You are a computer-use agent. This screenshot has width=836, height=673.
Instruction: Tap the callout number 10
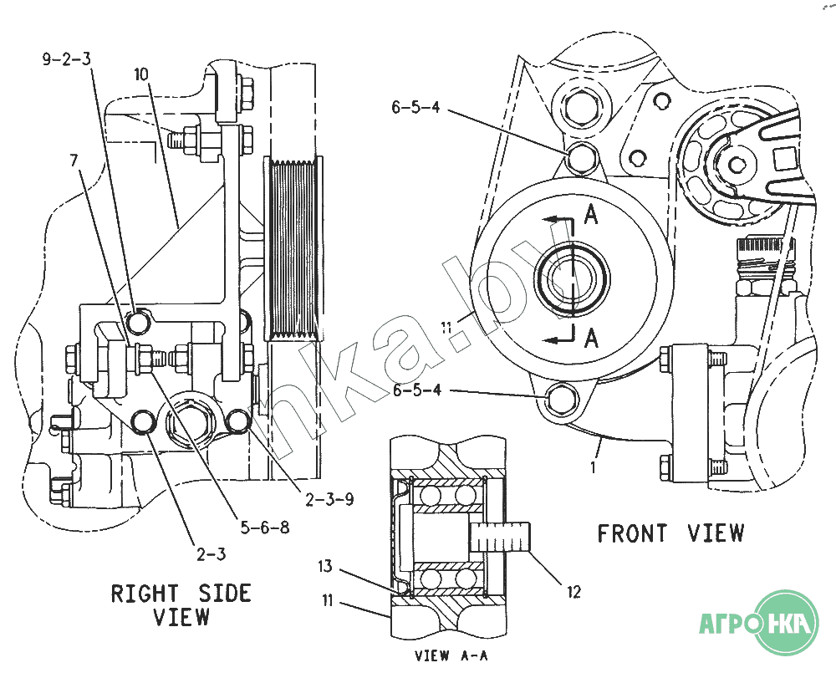[x=140, y=74]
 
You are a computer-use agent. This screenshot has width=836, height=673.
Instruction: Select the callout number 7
[x=76, y=159]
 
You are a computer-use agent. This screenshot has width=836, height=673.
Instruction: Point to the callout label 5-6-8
[x=265, y=528]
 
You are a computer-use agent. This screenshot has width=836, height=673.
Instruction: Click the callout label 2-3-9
[x=329, y=500]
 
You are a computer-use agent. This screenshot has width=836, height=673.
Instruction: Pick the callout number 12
[x=573, y=593]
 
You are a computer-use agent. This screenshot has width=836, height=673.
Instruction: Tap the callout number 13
[x=324, y=567]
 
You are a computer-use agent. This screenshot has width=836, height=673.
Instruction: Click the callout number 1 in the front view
[x=593, y=468]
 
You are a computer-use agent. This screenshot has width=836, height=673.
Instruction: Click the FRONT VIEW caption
[x=670, y=533]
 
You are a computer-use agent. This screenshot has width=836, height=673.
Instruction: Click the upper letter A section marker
[x=591, y=215]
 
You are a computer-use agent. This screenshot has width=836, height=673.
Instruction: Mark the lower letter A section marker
[x=591, y=338]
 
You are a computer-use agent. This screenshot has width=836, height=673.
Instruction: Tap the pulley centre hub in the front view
[x=568, y=276]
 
